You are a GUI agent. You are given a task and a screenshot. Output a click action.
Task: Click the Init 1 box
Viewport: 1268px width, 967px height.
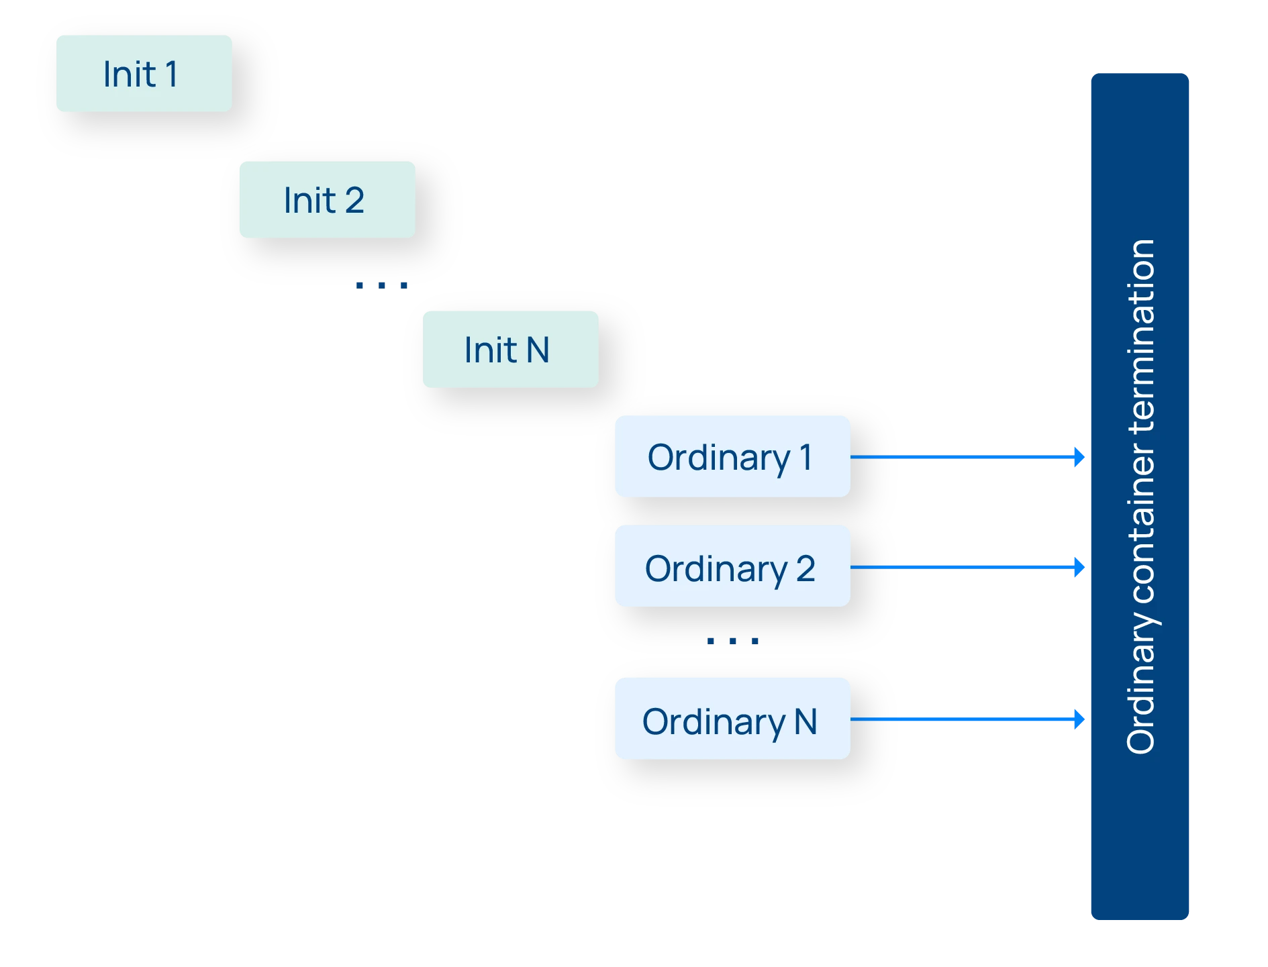pyautogui.click(x=144, y=74)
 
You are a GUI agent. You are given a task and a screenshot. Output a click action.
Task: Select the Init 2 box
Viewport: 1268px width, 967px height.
pyautogui.click(x=327, y=200)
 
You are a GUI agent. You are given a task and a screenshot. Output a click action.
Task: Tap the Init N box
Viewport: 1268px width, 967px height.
pyautogui.click(x=510, y=350)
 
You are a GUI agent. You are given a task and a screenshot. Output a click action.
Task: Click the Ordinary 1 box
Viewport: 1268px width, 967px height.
pyautogui.click(x=732, y=457)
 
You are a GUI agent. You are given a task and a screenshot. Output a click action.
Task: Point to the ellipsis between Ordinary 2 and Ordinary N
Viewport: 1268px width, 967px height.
pyautogui.click(x=732, y=641)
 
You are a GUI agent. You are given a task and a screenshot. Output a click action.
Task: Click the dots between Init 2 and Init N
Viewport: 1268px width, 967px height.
pyautogui.click(x=381, y=286)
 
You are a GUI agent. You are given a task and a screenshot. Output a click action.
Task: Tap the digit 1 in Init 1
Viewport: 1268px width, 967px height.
pyautogui.click(x=171, y=74)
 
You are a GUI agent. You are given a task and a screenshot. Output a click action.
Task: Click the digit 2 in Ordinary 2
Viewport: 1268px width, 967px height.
pyautogui.click(x=806, y=568)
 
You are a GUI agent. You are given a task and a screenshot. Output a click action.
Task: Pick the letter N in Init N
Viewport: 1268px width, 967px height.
pyautogui.click(x=538, y=350)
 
